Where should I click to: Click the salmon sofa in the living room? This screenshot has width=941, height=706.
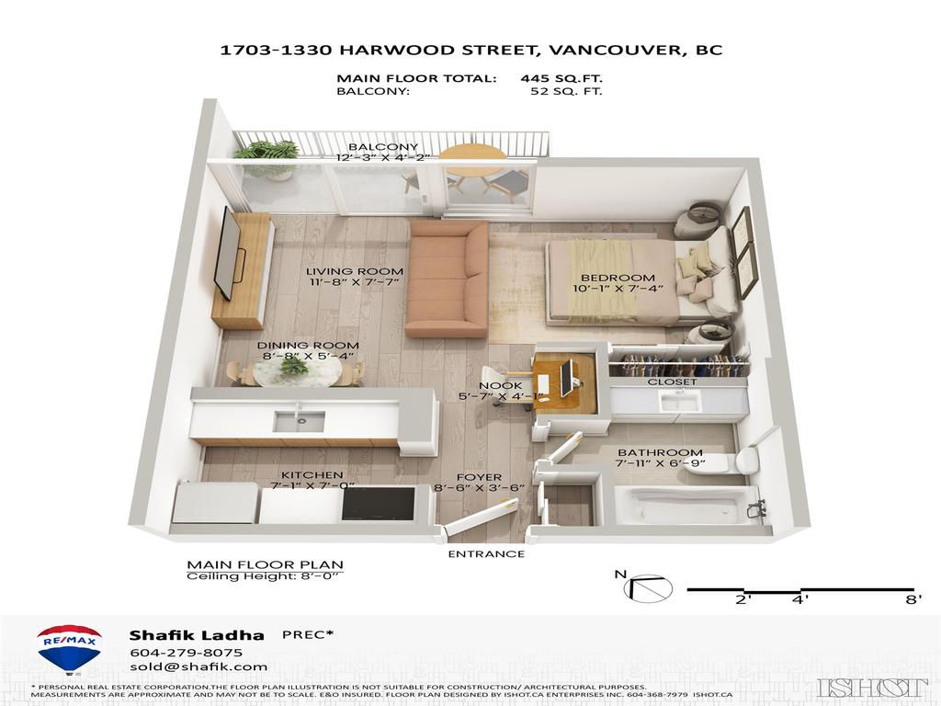coord(446,279)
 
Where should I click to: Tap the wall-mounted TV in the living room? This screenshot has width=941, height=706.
coord(229,253)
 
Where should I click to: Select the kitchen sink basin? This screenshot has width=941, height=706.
coord(299,421)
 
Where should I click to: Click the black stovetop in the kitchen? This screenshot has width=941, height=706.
coord(378,503)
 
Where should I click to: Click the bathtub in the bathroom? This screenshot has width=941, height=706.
coord(684,507)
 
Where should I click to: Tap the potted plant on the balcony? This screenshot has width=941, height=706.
coord(266,158)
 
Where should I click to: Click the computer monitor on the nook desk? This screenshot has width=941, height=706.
coord(567,379)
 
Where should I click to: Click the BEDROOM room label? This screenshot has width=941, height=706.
coord(618,278)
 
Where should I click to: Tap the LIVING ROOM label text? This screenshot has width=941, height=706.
coord(354,271)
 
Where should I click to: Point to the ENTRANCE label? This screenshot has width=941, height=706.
coord(486,553)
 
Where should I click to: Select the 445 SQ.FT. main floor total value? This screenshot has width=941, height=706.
coord(561,78)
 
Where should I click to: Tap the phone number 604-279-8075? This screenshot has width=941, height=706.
coord(186,653)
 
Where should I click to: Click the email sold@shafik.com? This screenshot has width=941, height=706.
coord(198,667)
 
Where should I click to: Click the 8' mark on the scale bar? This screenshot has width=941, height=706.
coord(913,599)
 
